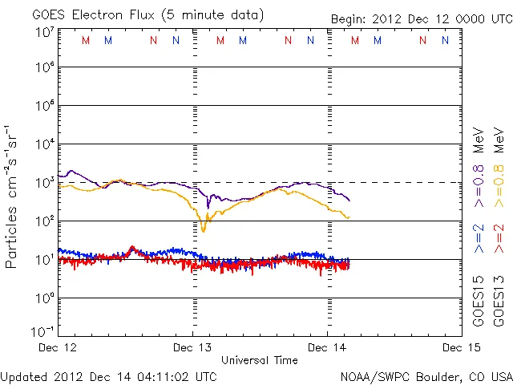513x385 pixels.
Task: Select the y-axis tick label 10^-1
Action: click(x=42, y=331)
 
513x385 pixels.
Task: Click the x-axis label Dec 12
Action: click(x=58, y=347)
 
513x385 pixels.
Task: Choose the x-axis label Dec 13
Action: click(x=193, y=347)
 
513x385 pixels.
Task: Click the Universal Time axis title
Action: click(x=260, y=360)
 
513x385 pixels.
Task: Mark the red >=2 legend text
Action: click(x=498, y=239)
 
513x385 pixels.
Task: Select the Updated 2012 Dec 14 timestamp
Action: click(x=108, y=375)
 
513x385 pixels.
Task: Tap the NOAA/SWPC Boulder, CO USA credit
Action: click(x=425, y=375)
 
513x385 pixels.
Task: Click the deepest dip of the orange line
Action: click(x=204, y=230)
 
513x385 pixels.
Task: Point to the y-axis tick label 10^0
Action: click(x=44, y=298)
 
